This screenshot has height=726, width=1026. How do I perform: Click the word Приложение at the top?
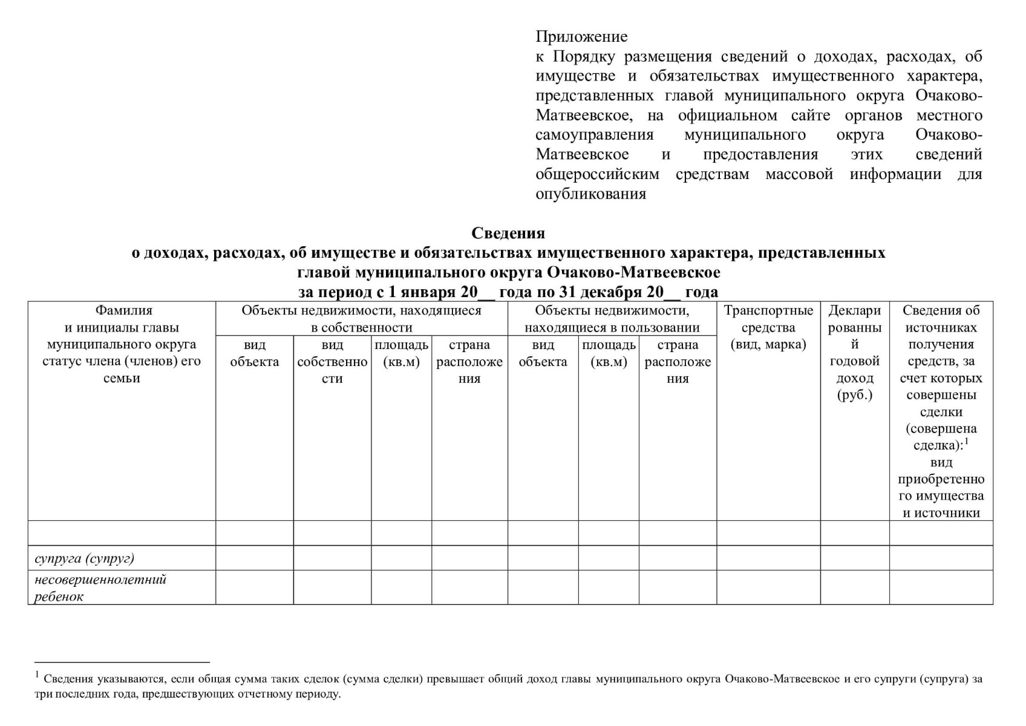pyautogui.click(x=581, y=37)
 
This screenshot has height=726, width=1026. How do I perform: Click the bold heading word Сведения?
pyautogui.click(x=508, y=234)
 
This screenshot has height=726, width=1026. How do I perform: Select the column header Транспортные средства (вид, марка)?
pyautogui.click(x=768, y=327)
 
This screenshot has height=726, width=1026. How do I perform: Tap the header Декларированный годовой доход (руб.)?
pyautogui.click(x=854, y=353)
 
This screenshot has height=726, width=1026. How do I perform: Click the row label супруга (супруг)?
pyautogui.click(x=85, y=558)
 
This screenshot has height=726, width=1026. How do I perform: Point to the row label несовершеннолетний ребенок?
pyautogui.click(x=100, y=587)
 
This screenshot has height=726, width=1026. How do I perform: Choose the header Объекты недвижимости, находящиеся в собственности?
pyautogui.click(x=361, y=319)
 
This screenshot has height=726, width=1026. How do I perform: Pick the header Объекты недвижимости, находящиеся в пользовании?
pyautogui.click(x=612, y=319)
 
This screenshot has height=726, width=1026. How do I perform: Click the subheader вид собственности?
pyautogui.click(x=332, y=362)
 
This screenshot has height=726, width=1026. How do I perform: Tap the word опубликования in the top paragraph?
pyautogui.click(x=590, y=194)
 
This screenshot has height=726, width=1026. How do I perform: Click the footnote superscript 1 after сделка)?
pyautogui.click(x=967, y=442)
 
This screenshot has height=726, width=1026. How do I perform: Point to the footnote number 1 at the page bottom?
pyautogui.click(x=37, y=675)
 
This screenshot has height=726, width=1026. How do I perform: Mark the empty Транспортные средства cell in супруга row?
pyautogui.click(x=768, y=558)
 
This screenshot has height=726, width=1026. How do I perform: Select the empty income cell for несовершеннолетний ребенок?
pyautogui.click(x=854, y=587)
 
